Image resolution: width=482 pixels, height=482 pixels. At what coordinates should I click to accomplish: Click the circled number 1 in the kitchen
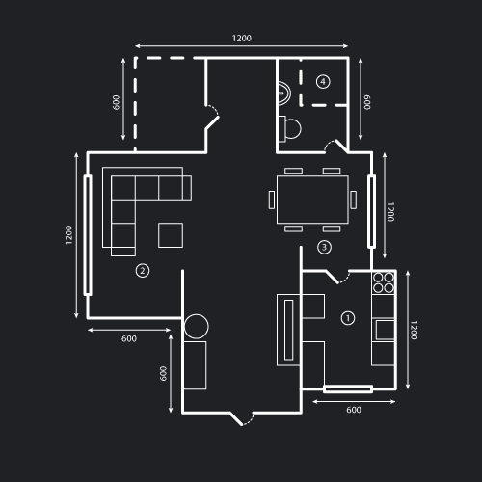coord(347,318)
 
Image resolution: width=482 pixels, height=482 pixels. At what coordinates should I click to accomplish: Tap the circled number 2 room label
coord(143,271)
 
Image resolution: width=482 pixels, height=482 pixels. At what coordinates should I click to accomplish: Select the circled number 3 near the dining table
coord(324,247)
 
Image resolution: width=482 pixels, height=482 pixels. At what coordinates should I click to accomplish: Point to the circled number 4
coord(323,81)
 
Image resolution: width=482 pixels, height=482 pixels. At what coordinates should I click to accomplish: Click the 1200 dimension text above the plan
coord(242,39)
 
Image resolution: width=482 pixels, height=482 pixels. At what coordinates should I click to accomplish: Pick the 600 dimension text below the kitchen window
coord(354,410)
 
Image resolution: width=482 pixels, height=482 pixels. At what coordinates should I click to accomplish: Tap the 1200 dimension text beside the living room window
coord(68,235)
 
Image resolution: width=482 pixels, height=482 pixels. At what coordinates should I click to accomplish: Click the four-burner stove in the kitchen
coord(384,282)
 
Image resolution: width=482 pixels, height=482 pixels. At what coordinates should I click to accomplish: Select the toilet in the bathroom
coord(290,129)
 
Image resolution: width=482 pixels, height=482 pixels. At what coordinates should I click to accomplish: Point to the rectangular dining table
coord(312,200)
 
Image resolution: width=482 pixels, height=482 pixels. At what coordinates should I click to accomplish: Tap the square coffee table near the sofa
coord(171,235)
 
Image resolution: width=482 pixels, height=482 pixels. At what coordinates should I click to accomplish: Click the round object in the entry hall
coord(197,327)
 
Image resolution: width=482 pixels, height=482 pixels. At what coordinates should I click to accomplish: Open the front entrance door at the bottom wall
coord(242,418)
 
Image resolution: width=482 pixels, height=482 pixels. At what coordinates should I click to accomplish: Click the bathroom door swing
coord(335,147)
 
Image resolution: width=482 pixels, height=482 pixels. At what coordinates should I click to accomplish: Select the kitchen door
coord(337,277)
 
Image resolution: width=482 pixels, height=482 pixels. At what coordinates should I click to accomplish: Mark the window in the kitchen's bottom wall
coord(348,389)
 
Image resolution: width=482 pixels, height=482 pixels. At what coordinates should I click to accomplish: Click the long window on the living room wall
coord(88,235)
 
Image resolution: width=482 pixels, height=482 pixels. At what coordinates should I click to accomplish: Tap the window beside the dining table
coord(371,211)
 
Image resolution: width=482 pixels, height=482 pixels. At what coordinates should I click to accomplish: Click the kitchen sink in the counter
coord(385,330)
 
